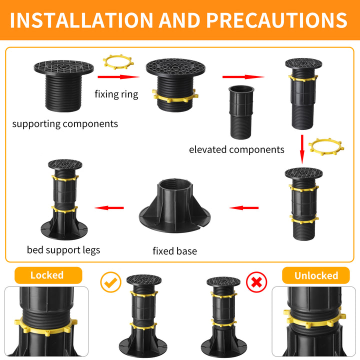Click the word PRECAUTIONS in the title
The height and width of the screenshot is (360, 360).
pyautogui.click(x=277, y=20)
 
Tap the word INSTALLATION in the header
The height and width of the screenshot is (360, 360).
pyautogui.click(x=81, y=20)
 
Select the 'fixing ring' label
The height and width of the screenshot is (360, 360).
pyautogui.click(x=116, y=94)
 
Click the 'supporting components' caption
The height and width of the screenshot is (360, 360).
pyautogui.click(x=65, y=124)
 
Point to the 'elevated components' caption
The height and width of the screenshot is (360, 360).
pyautogui.click(x=236, y=149)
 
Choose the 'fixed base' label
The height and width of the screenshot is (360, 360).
pyautogui.click(x=174, y=251)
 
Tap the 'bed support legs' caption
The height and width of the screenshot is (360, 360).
pyautogui.click(x=63, y=250)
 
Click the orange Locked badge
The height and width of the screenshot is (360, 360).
pyautogui.click(x=48, y=275)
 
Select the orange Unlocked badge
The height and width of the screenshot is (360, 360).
pyautogui.click(x=316, y=275)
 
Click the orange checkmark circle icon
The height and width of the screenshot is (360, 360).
pyautogui.click(x=110, y=282)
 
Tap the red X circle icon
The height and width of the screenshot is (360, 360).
pyautogui.click(x=256, y=282)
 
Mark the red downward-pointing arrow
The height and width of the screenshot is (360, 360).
pyautogui.click(x=302, y=149)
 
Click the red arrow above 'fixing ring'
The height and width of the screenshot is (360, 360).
pyautogui.click(x=118, y=77)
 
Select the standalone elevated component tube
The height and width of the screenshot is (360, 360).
pyautogui.click(x=241, y=112)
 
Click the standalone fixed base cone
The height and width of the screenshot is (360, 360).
pyautogui.click(x=174, y=206)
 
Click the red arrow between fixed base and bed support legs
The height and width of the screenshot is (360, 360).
pyautogui.click(x=109, y=208)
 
